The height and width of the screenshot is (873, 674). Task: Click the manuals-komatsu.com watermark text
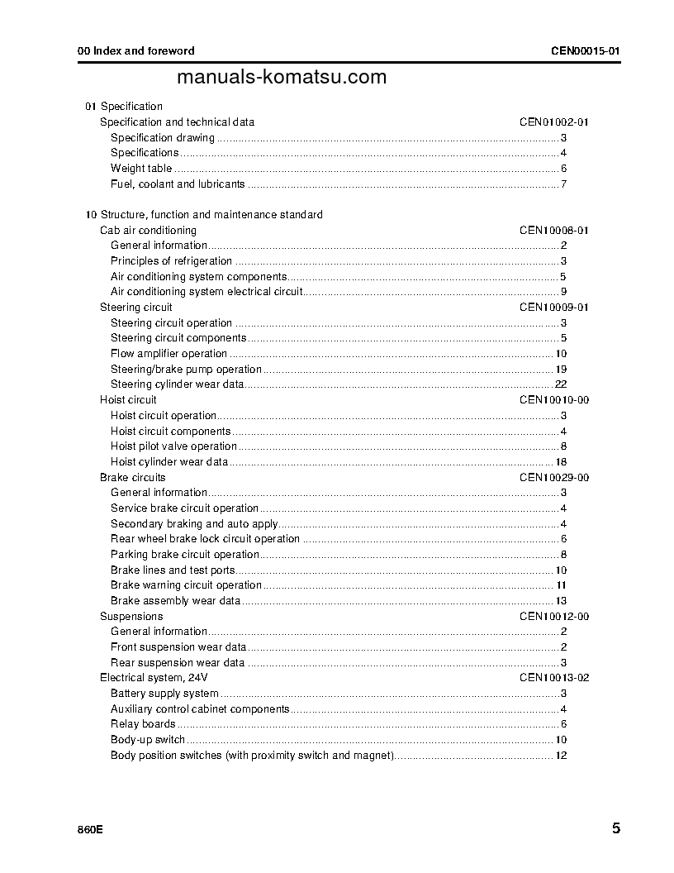pos(282,78)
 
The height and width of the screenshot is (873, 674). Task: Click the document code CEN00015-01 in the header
pos(585,51)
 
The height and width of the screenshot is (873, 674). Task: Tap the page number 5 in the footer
pos(616,828)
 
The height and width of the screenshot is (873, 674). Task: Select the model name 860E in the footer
pos(90,830)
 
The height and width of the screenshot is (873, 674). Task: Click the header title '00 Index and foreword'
pos(136,51)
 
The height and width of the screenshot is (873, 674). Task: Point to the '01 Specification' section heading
pos(124,107)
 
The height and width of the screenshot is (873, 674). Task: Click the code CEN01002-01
pos(553,122)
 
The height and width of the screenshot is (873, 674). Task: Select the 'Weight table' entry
pos(141,169)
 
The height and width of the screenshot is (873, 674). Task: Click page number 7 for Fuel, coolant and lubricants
pos(563,184)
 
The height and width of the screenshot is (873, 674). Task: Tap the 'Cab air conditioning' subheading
pos(148,231)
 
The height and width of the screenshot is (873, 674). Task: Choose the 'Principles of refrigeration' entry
pos(171,261)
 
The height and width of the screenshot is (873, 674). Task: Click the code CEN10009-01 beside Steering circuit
pos(553,308)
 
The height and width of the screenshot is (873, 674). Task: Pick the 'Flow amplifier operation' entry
pos(168,354)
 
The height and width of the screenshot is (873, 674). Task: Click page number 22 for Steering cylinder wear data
pos(560,384)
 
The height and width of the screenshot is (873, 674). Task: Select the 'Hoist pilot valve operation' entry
pos(173,446)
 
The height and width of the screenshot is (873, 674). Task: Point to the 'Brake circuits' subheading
pos(132,478)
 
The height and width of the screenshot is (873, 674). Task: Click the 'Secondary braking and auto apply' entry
pos(194,524)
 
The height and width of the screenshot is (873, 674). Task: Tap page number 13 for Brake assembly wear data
pos(560,601)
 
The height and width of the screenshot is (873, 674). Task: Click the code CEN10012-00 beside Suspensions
pos(553,617)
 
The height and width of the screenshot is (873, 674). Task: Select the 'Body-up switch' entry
pos(148,740)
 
